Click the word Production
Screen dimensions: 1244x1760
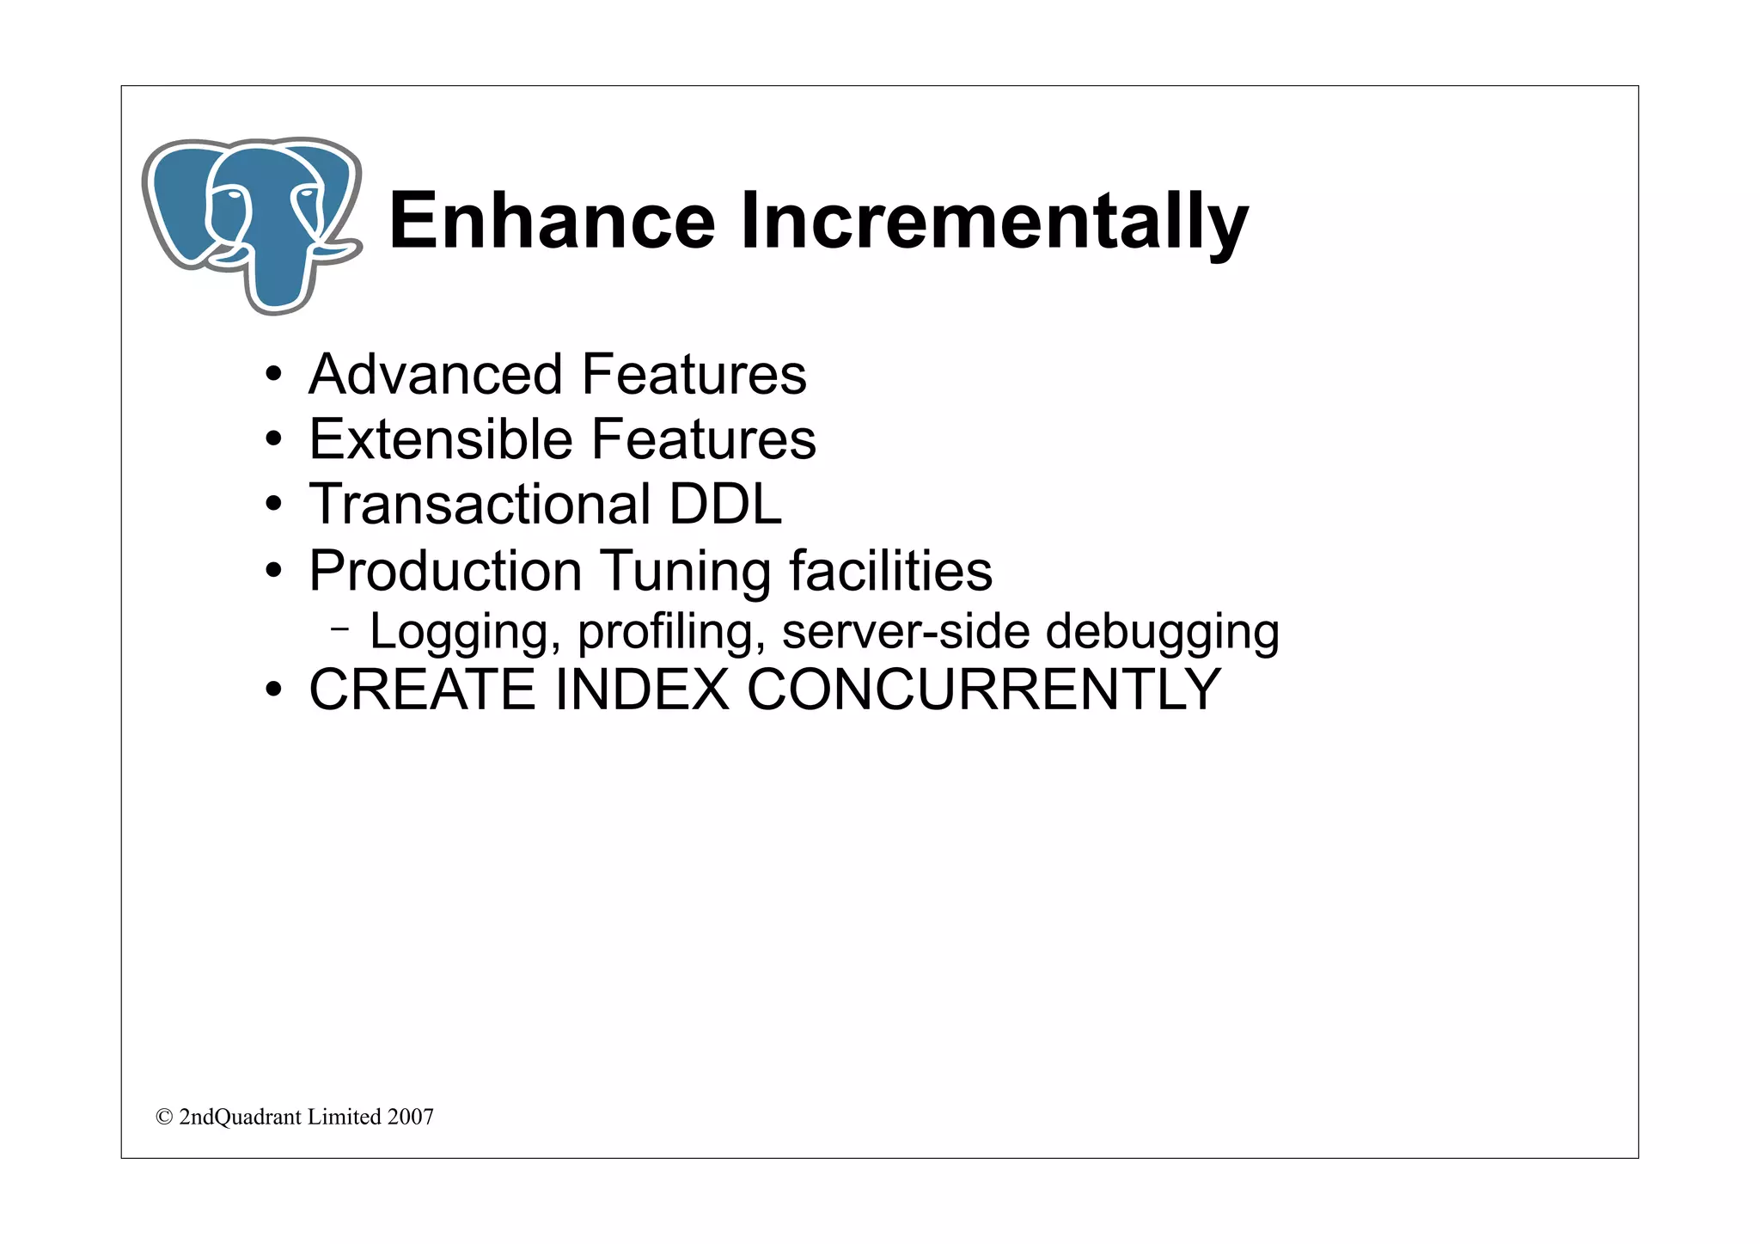click(445, 571)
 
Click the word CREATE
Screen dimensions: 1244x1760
click(422, 689)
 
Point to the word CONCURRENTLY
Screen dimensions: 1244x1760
click(983, 689)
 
